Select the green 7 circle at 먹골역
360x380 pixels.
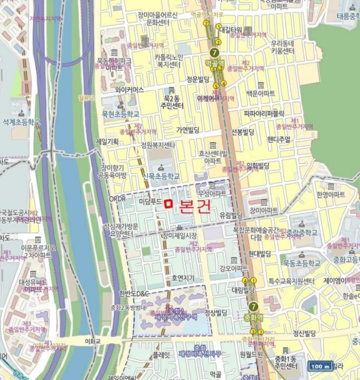[214, 53]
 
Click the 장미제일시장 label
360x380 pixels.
[179, 236]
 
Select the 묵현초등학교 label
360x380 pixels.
[121, 115]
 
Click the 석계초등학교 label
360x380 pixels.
[22, 122]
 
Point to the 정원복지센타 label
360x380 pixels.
[158, 145]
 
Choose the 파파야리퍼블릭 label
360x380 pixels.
[264, 113]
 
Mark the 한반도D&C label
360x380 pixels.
[132, 294]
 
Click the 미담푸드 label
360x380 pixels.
[150, 201]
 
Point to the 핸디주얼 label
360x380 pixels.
[279, 138]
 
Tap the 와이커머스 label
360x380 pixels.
[129, 90]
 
